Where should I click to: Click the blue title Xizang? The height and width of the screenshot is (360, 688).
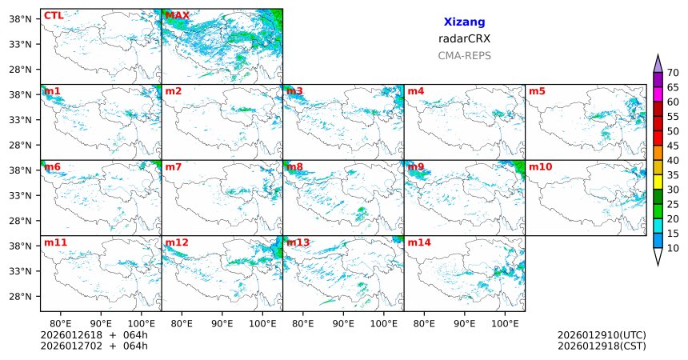pos(464,22)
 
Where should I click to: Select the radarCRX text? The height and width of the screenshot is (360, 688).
pos(464,38)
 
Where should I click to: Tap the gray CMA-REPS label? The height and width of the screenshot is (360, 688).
pos(464,56)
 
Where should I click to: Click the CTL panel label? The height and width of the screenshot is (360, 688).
pos(53,15)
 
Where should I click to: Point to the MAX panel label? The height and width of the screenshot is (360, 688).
pos(177,15)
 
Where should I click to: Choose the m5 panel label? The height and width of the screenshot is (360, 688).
pos(537,91)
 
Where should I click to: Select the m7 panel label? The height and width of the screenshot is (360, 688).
pos(174,166)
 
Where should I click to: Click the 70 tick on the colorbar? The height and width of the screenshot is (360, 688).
pos(673,73)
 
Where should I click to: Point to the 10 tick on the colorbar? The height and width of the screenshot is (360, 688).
pos(673,249)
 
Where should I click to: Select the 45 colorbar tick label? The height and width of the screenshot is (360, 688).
pos(673,146)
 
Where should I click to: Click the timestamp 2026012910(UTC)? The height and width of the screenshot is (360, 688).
pos(601,335)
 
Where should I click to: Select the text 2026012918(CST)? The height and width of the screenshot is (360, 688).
pos(601,346)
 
